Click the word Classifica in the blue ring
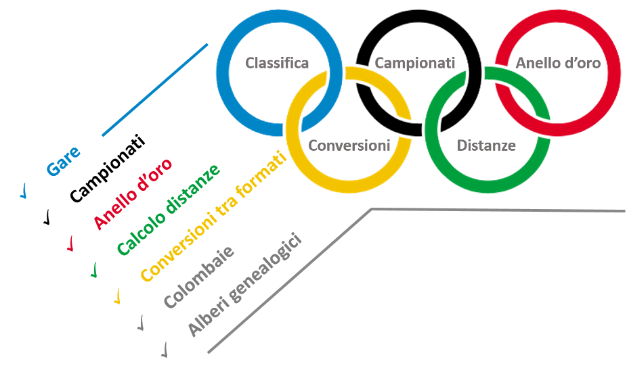[277, 63]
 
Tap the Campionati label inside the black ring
[414, 63]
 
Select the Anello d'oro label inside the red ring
[558, 63]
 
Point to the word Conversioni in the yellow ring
[349, 145]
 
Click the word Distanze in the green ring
[486, 145]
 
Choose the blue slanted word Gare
[64, 162]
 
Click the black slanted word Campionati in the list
[108, 168]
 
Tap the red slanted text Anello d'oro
[133, 194]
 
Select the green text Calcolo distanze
[169, 209]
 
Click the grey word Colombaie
[199, 277]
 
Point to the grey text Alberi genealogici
[244, 284]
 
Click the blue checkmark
[24, 191]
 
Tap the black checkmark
[47, 217]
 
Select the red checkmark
[70, 244]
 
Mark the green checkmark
[94, 270]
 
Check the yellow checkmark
[117, 296]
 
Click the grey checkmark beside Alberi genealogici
[165, 350]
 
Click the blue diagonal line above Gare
[155, 90]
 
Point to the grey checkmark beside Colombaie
[141, 323]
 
